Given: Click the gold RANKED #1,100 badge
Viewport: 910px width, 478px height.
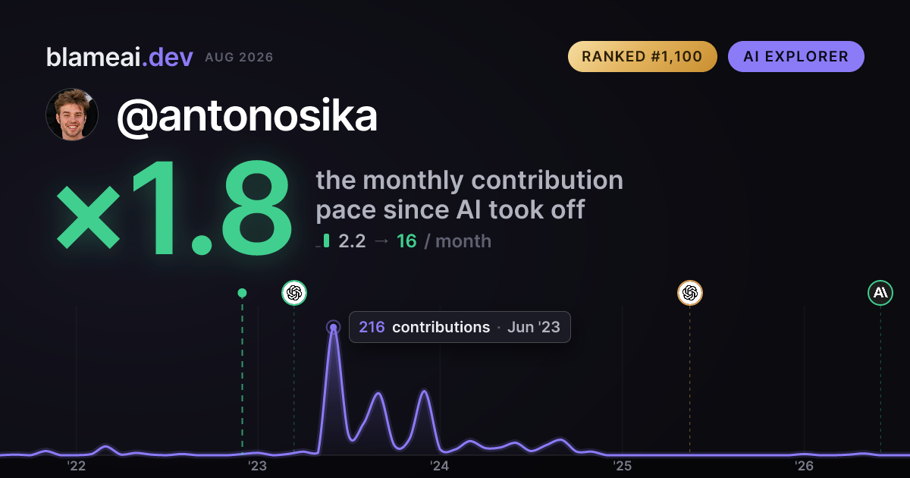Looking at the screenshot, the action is pyautogui.click(x=642, y=56).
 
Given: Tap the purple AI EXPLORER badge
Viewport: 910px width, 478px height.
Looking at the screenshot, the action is pyautogui.click(x=795, y=56).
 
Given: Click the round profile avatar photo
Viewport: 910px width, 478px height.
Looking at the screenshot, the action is pyautogui.click(x=72, y=115).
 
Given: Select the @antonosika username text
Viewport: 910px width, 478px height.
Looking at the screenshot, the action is pyautogui.click(x=247, y=116).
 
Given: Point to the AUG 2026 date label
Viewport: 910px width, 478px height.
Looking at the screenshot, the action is pyautogui.click(x=239, y=58).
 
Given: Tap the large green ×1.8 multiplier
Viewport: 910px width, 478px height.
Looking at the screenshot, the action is pyautogui.click(x=174, y=207).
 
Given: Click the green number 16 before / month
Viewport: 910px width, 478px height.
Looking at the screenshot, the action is pyautogui.click(x=406, y=241).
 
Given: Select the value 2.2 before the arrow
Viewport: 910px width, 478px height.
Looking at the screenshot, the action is pyautogui.click(x=352, y=241).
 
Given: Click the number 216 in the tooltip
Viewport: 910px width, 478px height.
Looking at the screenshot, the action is pyautogui.click(x=372, y=327).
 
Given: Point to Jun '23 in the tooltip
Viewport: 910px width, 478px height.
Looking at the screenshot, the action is pyautogui.click(x=533, y=327).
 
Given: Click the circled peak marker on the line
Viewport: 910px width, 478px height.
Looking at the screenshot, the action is pyautogui.click(x=333, y=327).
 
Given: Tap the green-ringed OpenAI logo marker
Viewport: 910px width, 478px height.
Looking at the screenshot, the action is pyautogui.click(x=294, y=293).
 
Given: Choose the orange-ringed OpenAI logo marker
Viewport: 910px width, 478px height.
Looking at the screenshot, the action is pyautogui.click(x=690, y=293).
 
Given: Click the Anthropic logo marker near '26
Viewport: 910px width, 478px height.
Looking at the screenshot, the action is pyautogui.click(x=880, y=293).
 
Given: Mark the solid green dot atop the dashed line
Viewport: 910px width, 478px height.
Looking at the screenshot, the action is pyautogui.click(x=242, y=293).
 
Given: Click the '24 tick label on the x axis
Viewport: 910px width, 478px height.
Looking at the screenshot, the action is pyautogui.click(x=440, y=466).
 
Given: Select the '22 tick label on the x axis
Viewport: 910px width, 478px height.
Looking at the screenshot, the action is pyautogui.click(x=76, y=466).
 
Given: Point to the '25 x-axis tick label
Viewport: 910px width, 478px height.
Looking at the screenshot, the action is pyautogui.click(x=622, y=466).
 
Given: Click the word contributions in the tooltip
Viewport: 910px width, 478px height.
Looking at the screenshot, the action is pyautogui.click(x=441, y=327).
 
